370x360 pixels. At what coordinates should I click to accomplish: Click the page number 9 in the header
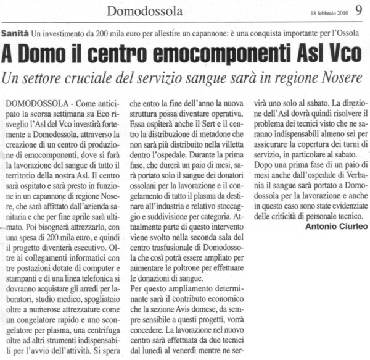click(358, 10)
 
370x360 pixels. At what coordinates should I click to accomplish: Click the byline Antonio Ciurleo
click(336, 227)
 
